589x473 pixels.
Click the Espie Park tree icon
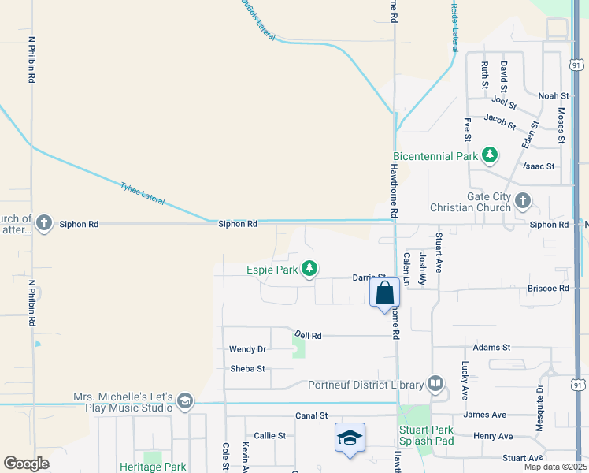[x=310, y=270]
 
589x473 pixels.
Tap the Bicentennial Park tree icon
[x=490, y=155]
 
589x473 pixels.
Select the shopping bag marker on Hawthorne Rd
[x=384, y=294]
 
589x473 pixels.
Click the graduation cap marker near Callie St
[x=350, y=438]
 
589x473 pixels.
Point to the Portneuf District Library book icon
[x=435, y=384]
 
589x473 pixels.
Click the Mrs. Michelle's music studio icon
[x=185, y=401]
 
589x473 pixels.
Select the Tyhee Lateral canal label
[x=143, y=194]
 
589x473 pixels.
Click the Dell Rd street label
[x=308, y=335]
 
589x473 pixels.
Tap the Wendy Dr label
[x=247, y=349]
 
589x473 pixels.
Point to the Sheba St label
[x=247, y=368]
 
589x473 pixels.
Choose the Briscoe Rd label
[x=548, y=289]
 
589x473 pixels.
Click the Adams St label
[x=492, y=347]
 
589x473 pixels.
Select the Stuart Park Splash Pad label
[x=426, y=435]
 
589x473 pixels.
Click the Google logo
[x=26, y=464]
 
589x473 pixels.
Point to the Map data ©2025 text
[x=556, y=467]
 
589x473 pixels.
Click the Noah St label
[x=548, y=96]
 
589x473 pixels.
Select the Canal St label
[x=312, y=415]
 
